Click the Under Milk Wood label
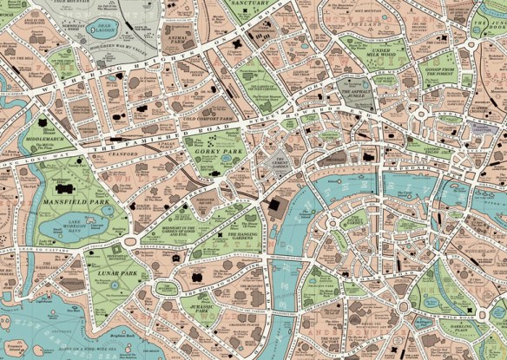tap(385, 56)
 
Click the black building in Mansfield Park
tap(63, 188)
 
